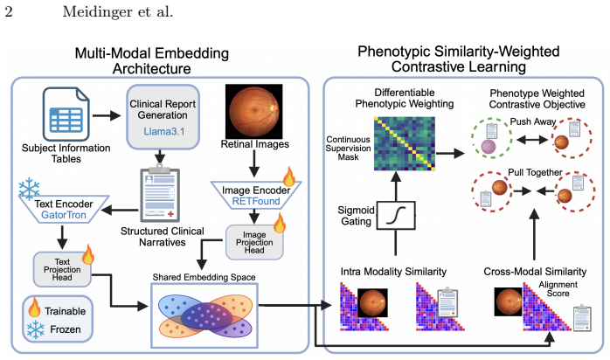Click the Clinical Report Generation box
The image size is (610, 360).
163,117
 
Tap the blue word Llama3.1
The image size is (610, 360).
164,131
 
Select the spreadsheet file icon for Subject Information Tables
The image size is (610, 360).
66,114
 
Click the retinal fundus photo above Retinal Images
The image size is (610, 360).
254,111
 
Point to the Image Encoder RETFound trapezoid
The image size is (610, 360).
256,195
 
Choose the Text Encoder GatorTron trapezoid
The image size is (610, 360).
64,209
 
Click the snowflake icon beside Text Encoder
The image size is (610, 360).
29,190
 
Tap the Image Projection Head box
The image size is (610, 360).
254,242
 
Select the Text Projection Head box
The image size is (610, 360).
62,269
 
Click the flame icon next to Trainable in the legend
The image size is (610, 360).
35,308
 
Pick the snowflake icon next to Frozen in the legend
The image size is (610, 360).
36,329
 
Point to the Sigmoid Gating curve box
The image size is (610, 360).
396,215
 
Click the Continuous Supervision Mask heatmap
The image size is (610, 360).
405,143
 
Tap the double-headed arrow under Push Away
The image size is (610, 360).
532,140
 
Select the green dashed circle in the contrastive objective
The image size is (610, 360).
491,138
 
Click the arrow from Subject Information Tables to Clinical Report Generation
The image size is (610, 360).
107,115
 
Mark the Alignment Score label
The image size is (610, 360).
558,289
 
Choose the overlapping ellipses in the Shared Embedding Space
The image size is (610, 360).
205,315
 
